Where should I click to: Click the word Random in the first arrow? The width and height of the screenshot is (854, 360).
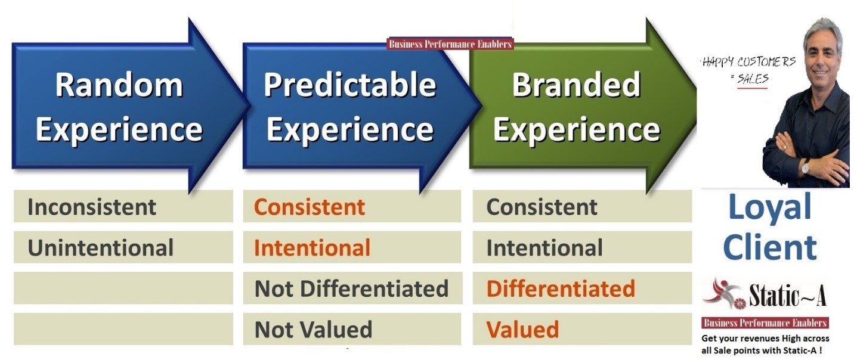(119, 85)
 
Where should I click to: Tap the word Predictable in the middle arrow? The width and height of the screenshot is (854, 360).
(350, 85)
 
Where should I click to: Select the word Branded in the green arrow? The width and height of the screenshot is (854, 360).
(576, 85)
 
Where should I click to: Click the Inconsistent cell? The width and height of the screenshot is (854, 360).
(123, 206)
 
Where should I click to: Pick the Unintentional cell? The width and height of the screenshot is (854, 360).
(123, 247)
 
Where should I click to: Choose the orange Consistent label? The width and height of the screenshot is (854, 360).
(309, 207)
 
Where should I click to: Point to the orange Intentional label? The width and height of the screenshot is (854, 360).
(312, 247)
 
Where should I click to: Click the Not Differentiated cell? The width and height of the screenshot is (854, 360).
(352, 288)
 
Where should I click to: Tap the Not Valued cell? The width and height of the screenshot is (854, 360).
(352, 329)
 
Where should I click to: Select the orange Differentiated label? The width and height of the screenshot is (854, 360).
(561, 288)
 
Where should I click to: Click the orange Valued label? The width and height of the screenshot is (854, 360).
(522, 329)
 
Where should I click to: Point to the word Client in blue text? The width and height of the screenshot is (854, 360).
(769, 247)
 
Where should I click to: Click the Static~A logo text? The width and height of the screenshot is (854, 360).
(788, 295)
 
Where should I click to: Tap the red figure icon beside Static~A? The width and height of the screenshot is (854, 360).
(722, 294)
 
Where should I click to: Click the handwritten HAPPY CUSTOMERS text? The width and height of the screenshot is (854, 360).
(749, 62)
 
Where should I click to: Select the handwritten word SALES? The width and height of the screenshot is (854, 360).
(753, 79)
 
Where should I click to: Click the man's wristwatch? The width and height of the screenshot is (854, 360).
(806, 166)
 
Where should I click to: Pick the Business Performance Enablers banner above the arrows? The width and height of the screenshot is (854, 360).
(450, 44)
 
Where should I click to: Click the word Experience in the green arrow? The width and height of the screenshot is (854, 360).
(576, 130)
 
